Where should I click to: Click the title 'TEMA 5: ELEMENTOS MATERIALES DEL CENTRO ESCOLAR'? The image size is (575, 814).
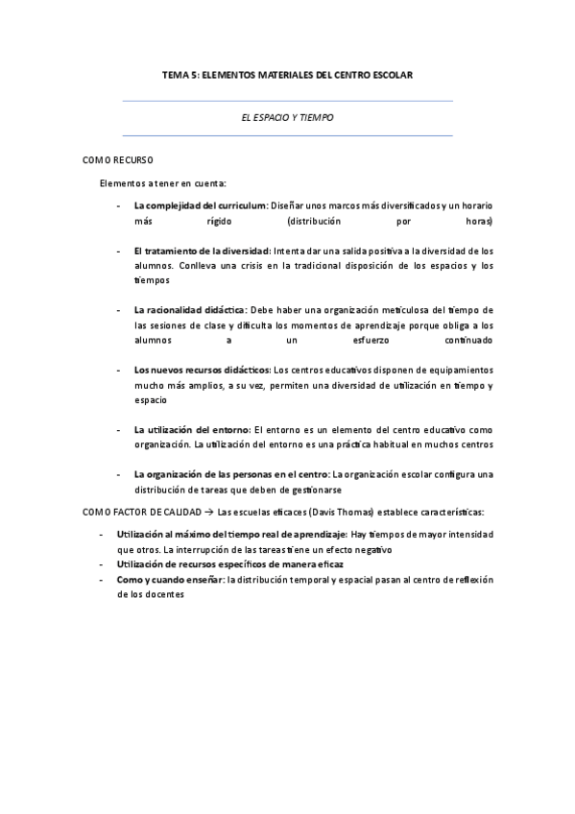coord(287,74)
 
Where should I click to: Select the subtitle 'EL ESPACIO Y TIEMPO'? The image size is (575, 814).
coord(287,117)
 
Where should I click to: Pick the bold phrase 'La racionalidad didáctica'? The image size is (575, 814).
coord(190,310)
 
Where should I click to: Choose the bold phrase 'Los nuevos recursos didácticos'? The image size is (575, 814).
coord(203,370)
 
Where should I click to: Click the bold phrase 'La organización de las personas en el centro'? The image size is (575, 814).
coord(231,474)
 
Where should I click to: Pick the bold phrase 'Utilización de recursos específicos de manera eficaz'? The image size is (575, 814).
coord(229,564)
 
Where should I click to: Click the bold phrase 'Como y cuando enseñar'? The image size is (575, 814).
coord(171,580)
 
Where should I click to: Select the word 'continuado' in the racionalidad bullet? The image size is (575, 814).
coord(468,340)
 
